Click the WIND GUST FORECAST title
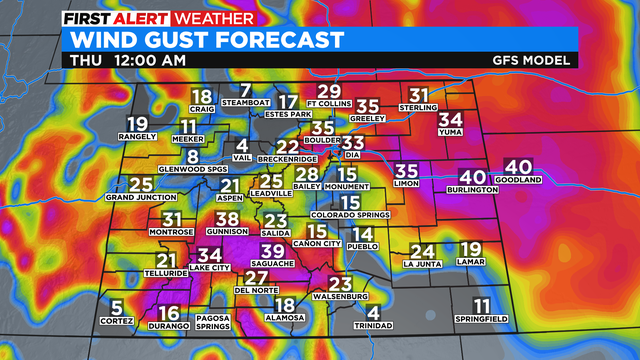coord(204,39)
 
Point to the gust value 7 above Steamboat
coord(245,91)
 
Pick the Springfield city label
coord(482,319)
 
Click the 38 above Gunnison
coord(228,219)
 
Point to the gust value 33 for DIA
coord(353,143)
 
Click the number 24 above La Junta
coord(423,252)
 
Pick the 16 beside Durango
coord(170,314)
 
